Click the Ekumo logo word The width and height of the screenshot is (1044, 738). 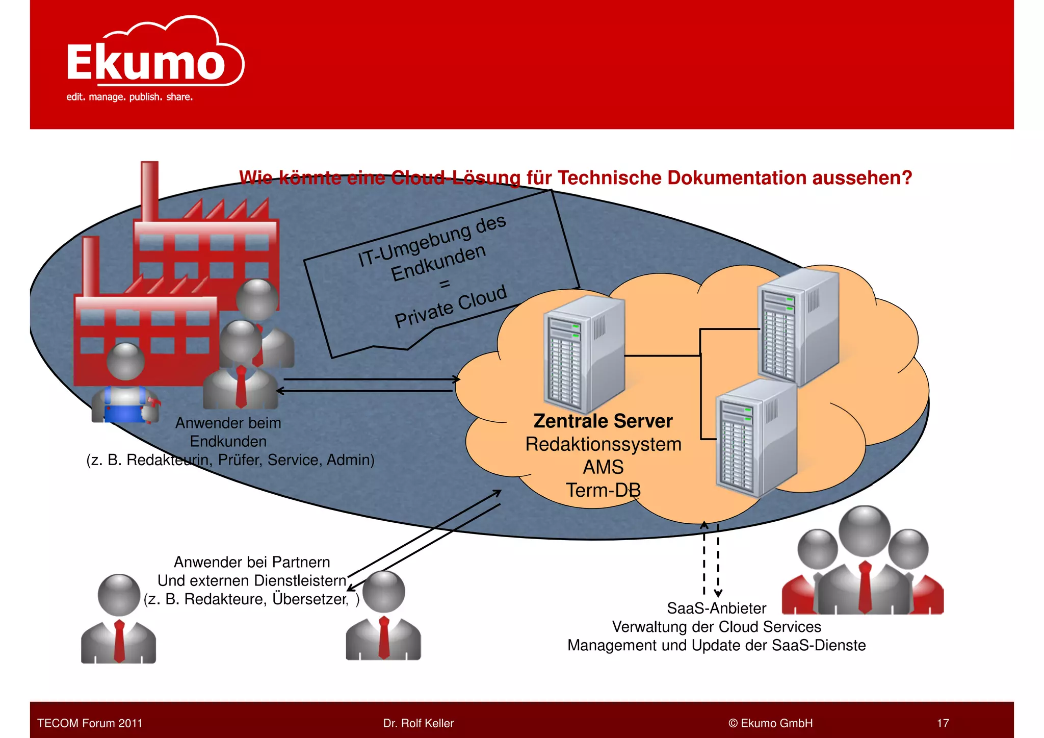click(145, 62)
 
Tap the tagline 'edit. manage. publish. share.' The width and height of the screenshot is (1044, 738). click(129, 97)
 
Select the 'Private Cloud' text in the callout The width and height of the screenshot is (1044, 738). click(451, 307)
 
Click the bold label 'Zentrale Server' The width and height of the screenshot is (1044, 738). click(603, 421)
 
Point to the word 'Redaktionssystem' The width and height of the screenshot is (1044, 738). click(603, 444)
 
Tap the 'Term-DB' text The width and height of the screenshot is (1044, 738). click(603, 490)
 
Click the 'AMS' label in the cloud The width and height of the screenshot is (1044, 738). click(603, 467)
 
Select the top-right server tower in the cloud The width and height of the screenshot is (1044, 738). click(797, 326)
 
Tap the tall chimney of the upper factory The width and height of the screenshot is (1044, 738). click(149, 191)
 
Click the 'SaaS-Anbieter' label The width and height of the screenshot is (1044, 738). click(716, 608)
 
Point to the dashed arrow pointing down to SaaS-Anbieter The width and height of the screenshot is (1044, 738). click(718, 561)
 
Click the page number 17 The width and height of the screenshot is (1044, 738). click(943, 723)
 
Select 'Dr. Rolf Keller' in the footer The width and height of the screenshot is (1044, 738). click(418, 723)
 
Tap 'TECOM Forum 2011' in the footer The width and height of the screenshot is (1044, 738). click(90, 723)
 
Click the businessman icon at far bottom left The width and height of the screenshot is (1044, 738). click(118, 620)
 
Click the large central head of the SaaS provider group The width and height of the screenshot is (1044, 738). click(865, 530)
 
